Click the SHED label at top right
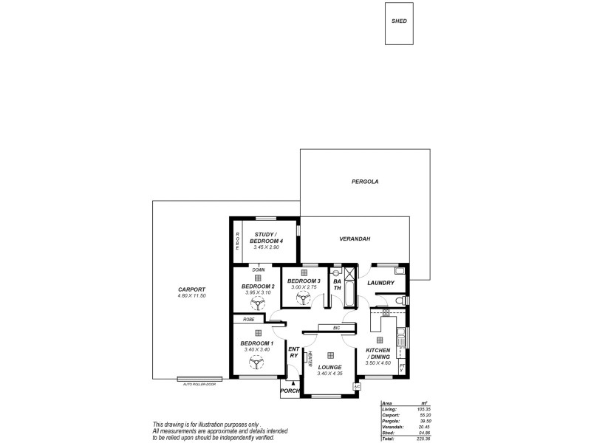pos(399,21)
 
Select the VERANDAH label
pos(355,239)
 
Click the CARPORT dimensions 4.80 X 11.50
pos(191,295)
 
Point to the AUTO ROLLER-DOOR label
pos(199,384)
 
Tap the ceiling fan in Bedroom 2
pos(258,302)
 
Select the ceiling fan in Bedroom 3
pos(303,298)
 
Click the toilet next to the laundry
pos(400,301)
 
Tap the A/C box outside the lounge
pos(357,385)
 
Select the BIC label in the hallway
pos(336,327)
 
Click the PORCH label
pos(290,392)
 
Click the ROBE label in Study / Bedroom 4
pos(238,241)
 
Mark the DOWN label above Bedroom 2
pos(258,270)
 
